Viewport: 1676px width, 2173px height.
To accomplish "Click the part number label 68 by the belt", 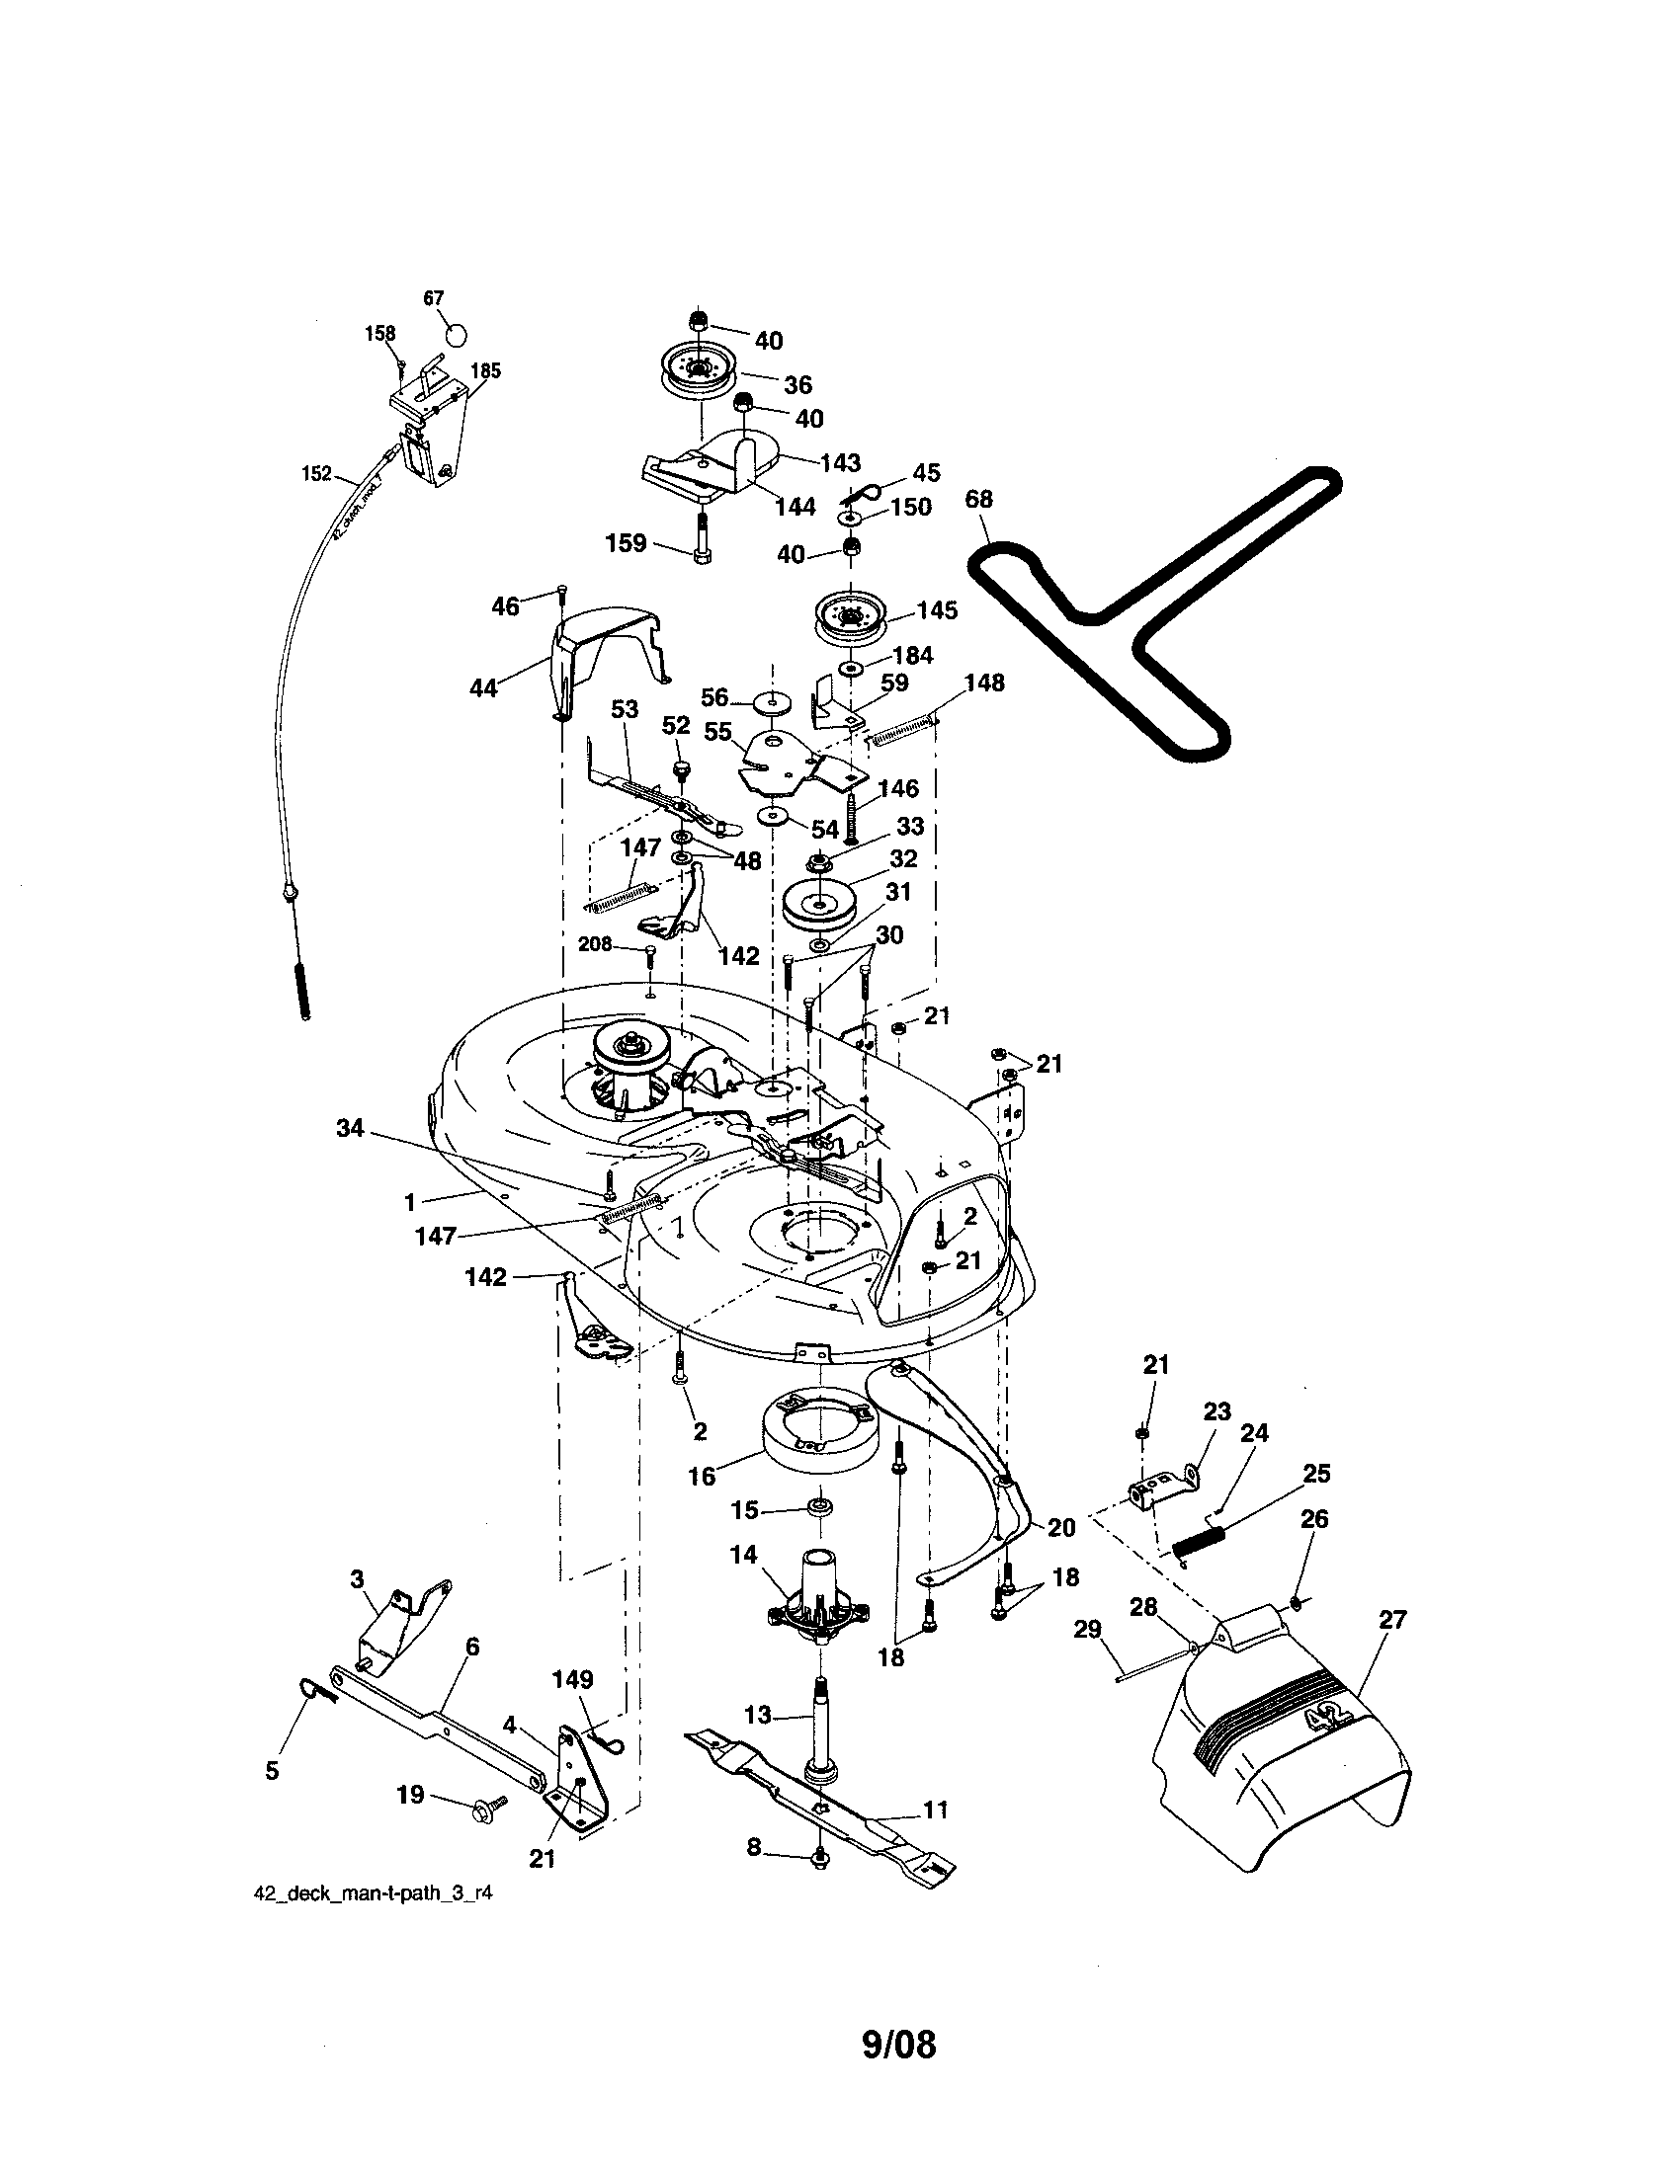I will (x=978, y=500).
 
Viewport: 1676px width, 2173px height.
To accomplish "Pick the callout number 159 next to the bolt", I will (x=626, y=543).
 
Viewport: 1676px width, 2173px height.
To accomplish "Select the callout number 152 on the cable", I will (x=316, y=473).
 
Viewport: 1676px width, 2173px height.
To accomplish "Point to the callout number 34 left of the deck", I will (x=351, y=1128).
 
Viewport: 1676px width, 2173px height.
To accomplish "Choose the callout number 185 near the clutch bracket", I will (x=484, y=371).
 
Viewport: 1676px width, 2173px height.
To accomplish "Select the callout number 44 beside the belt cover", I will (x=483, y=687).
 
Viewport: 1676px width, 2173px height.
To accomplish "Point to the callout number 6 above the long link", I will (x=471, y=1647).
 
